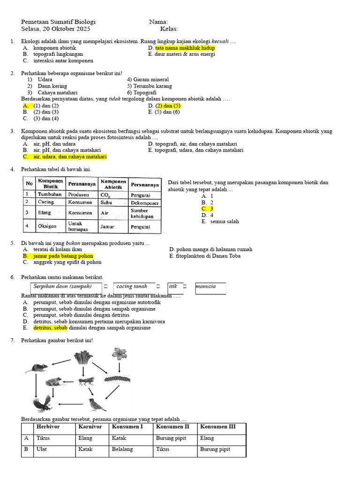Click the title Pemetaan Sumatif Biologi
point(59,22)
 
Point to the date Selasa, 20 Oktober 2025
point(56,29)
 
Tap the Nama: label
point(158,22)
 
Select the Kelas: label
point(169,29)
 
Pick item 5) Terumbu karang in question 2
point(149,86)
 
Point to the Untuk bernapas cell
point(77,226)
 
